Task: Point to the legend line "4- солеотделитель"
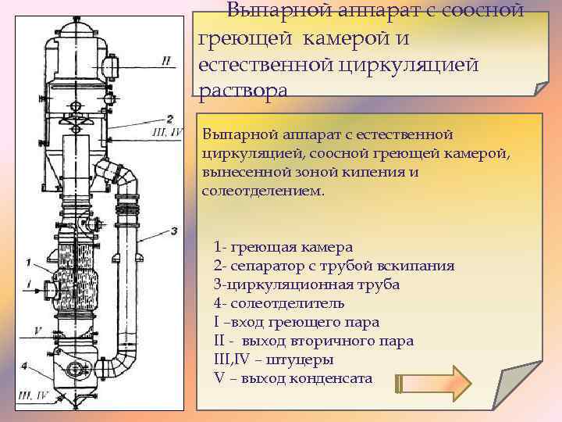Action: pyautogui.click(x=279, y=303)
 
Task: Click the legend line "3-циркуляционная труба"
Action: pyautogui.click(x=306, y=284)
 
